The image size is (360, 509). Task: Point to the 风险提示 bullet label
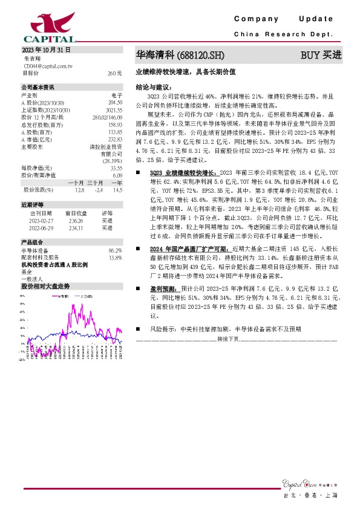pos(162,331)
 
